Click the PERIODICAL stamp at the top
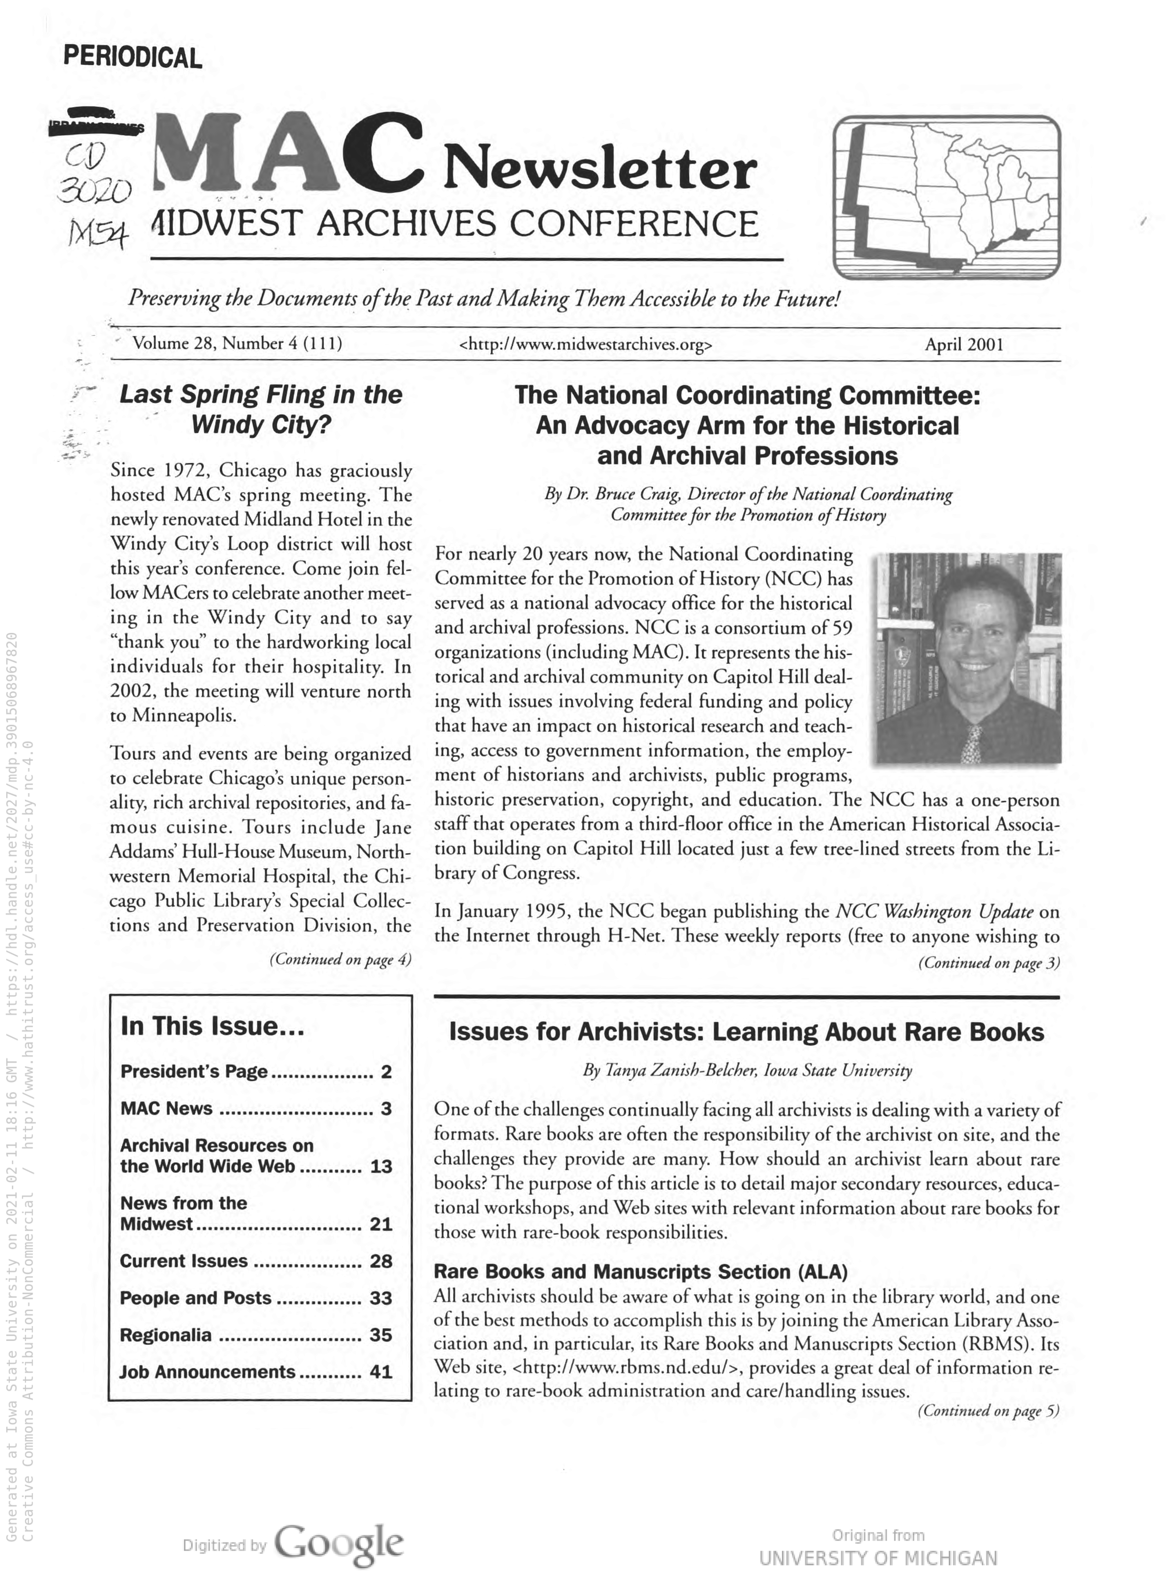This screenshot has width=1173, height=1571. click(133, 57)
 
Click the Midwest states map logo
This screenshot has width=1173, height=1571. click(946, 198)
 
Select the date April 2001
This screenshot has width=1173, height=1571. click(964, 345)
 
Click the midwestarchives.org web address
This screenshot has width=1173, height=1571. click(586, 346)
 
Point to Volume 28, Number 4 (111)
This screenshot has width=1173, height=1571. click(237, 344)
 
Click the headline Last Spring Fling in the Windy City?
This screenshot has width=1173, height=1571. click(261, 410)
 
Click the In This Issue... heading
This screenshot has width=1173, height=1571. click(212, 1026)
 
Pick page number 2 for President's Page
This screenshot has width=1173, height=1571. click(386, 1071)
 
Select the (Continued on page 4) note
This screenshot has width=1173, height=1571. click(340, 960)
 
